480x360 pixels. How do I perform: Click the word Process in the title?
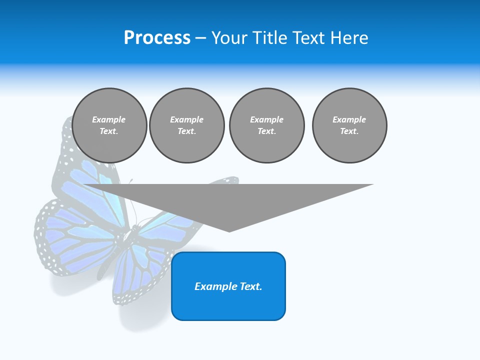click(x=157, y=38)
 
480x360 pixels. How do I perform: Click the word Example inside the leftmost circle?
click(x=109, y=119)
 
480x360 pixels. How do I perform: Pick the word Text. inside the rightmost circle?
click(x=349, y=131)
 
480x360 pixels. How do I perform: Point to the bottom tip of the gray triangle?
click(x=229, y=231)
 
